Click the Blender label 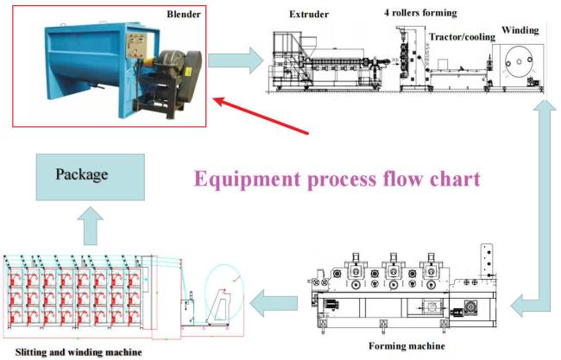(184, 15)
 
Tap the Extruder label (309, 15)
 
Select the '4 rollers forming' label (421, 13)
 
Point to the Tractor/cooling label (463, 36)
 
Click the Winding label (520, 29)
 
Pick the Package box (91, 177)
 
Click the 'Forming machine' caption (407, 346)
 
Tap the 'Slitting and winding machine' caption (79, 352)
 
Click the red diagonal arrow (262, 116)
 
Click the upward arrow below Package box (91, 226)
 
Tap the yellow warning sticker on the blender (187, 71)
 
